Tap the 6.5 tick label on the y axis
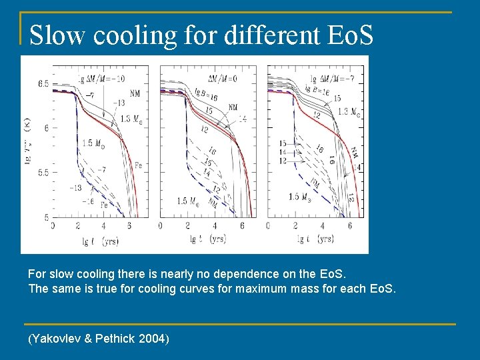click(42, 83)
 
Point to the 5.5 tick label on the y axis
click(42, 172)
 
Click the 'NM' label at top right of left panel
click(135, 93)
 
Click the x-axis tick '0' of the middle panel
click(161, 226)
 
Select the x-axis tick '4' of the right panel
click(323, 226)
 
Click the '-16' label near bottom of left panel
click(87, 200)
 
